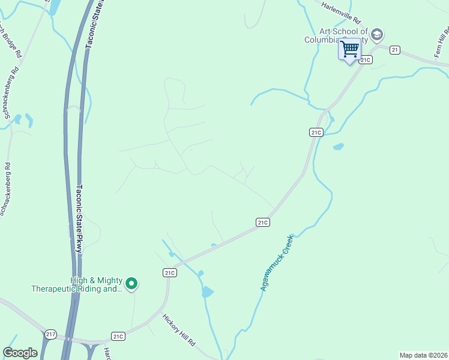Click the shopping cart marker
[x=349, y=49]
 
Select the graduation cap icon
[x=377, y=34]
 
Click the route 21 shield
[x=394, y=50]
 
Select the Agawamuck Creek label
[x=276, y=263]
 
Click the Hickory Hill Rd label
[x=179, y=329]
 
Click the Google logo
[x=20, y=353]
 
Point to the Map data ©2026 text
[x=423, y=355]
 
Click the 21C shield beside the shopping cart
[x=366, y=59]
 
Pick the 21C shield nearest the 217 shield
[x=118, y=337]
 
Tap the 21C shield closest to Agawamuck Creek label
[x=262, y=223]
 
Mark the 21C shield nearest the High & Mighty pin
[x=169, y=272]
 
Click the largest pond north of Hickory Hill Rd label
[x=207, y=292]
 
